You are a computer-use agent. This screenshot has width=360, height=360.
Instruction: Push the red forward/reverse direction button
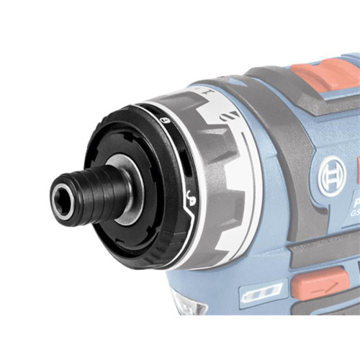[320, 282]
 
